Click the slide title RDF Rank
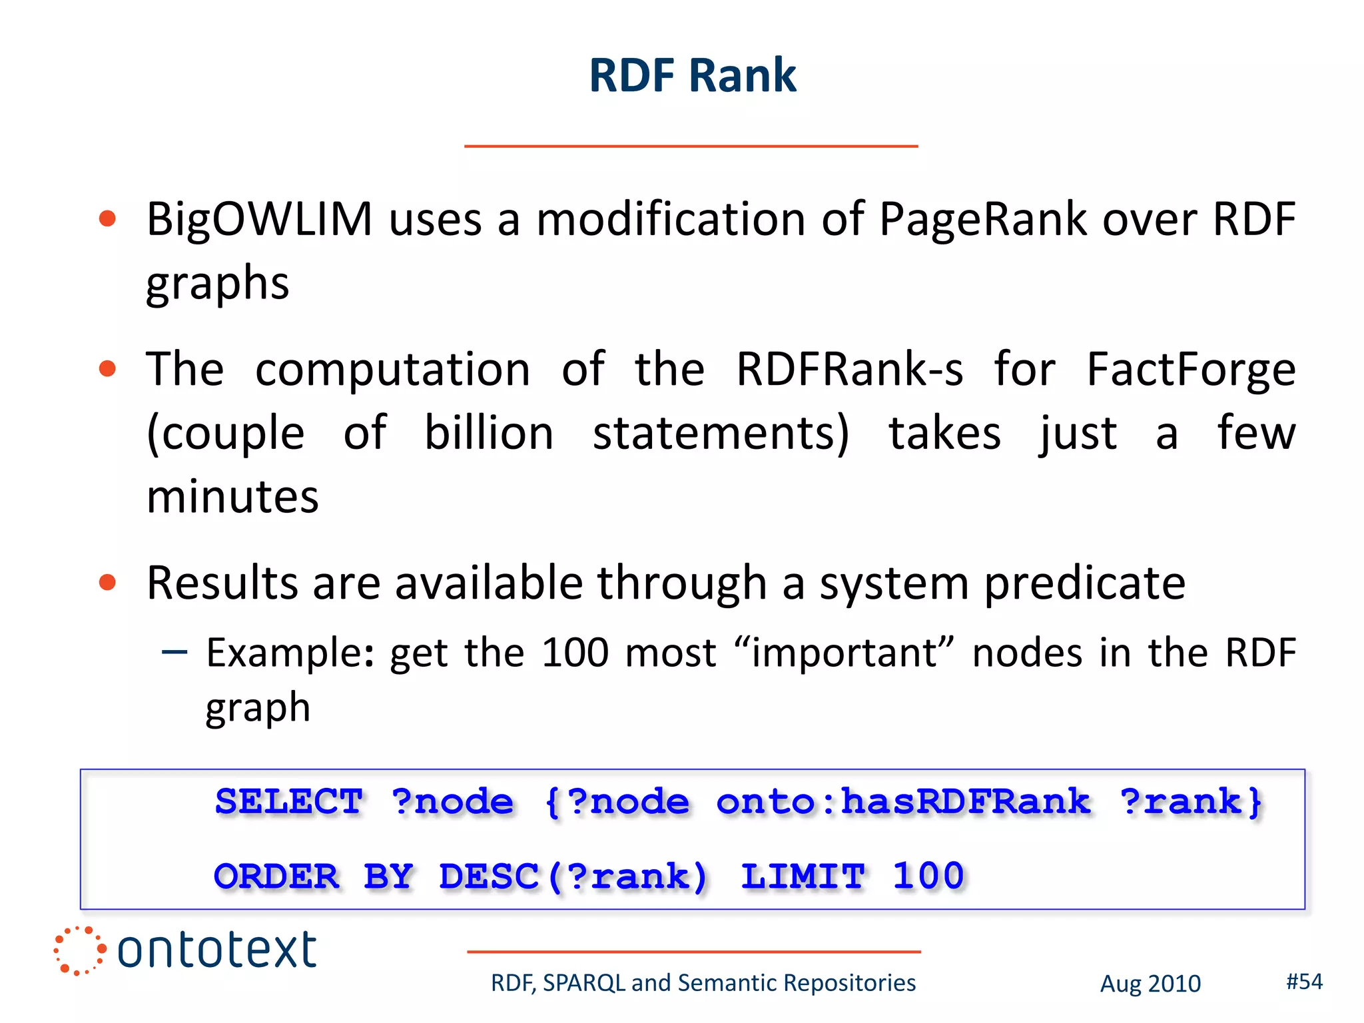click(692, 75)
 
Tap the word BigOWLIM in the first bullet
click(259, 220)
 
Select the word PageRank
click(982, 220)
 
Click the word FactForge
click(1190, 370)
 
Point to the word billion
click(489, 434)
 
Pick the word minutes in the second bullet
click(232, 497)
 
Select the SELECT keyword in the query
click(288, 802)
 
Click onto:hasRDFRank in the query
click(903, 802)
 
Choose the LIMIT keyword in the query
click(803, 876)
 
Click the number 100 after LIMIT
click(928, 876)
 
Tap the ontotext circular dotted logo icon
click(79, 950)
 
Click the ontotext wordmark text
click(216, 950)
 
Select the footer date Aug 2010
click(1150, 984)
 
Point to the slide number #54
click(1304, 982)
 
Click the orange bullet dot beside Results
click(107, 583)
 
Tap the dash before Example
click(174, 652)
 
